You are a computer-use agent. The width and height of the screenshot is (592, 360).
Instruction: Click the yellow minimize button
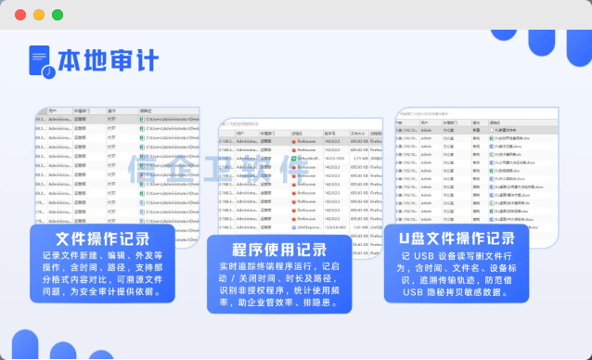click(x=39, y=15)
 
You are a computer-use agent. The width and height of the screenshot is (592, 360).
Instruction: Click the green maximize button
click(x=58, y=15)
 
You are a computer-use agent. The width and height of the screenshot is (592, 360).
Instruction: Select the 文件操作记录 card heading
click(x=109, y=239)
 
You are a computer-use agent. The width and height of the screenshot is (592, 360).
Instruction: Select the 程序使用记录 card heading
click(x=279, y=249)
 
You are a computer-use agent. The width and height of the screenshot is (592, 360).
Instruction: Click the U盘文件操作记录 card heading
click(x=457, y=238)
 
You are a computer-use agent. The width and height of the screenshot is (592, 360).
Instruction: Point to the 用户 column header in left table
click(x=53, y=109)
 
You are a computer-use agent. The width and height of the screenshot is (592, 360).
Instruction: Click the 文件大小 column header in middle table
click(x=358, y=133)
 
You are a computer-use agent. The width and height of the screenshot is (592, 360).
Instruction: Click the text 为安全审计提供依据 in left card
click(x=138, y=291)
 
